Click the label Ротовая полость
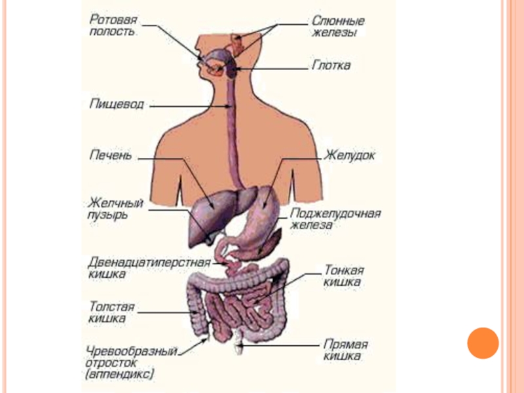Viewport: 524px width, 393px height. (112, 25)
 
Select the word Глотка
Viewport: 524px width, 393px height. (330, 65)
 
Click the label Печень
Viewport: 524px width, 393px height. (111, 156)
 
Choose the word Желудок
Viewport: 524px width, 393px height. (350, 157)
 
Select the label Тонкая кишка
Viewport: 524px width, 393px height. (344, 275)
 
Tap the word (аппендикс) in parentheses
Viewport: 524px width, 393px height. (120, 375)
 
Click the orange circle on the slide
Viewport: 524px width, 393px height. (483, 343)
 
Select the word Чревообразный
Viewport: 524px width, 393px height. (130, 351)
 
